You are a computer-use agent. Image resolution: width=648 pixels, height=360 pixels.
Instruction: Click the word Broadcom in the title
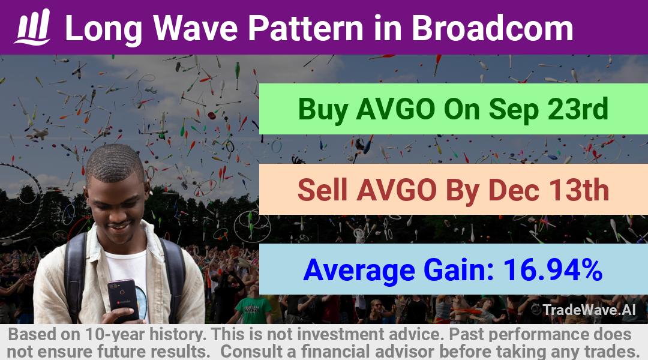pyautogui.click(x=492, y=28)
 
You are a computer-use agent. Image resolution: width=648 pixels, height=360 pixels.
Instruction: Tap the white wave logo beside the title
pyautogui.click(x=32, y=27)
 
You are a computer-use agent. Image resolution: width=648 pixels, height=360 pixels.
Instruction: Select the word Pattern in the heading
pyautogui.click(x=305, y=28)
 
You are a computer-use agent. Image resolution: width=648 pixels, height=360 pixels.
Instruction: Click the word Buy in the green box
pyautogui.click(x=323, y=110)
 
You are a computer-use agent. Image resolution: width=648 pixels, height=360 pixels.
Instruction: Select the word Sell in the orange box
pyautogui.click(x=322, y=190)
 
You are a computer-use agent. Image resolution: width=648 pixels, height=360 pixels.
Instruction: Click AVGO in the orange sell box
pyautogui.click(x=397, y=190)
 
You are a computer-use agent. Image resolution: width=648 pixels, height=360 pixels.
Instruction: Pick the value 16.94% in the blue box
pyautogui.click(x=553, y=269)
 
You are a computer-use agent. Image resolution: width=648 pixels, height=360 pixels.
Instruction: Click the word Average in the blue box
pyautogui.click(x=359, y=271)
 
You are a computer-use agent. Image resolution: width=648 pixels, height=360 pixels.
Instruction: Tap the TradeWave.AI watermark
pyautogui.click(x=584, y=310)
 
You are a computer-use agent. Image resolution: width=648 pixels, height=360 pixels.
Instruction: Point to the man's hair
pyautogui.click(x=114, y=163)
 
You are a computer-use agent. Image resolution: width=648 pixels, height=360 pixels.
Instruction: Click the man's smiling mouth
pyautogui.click(x=119, y=227)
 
